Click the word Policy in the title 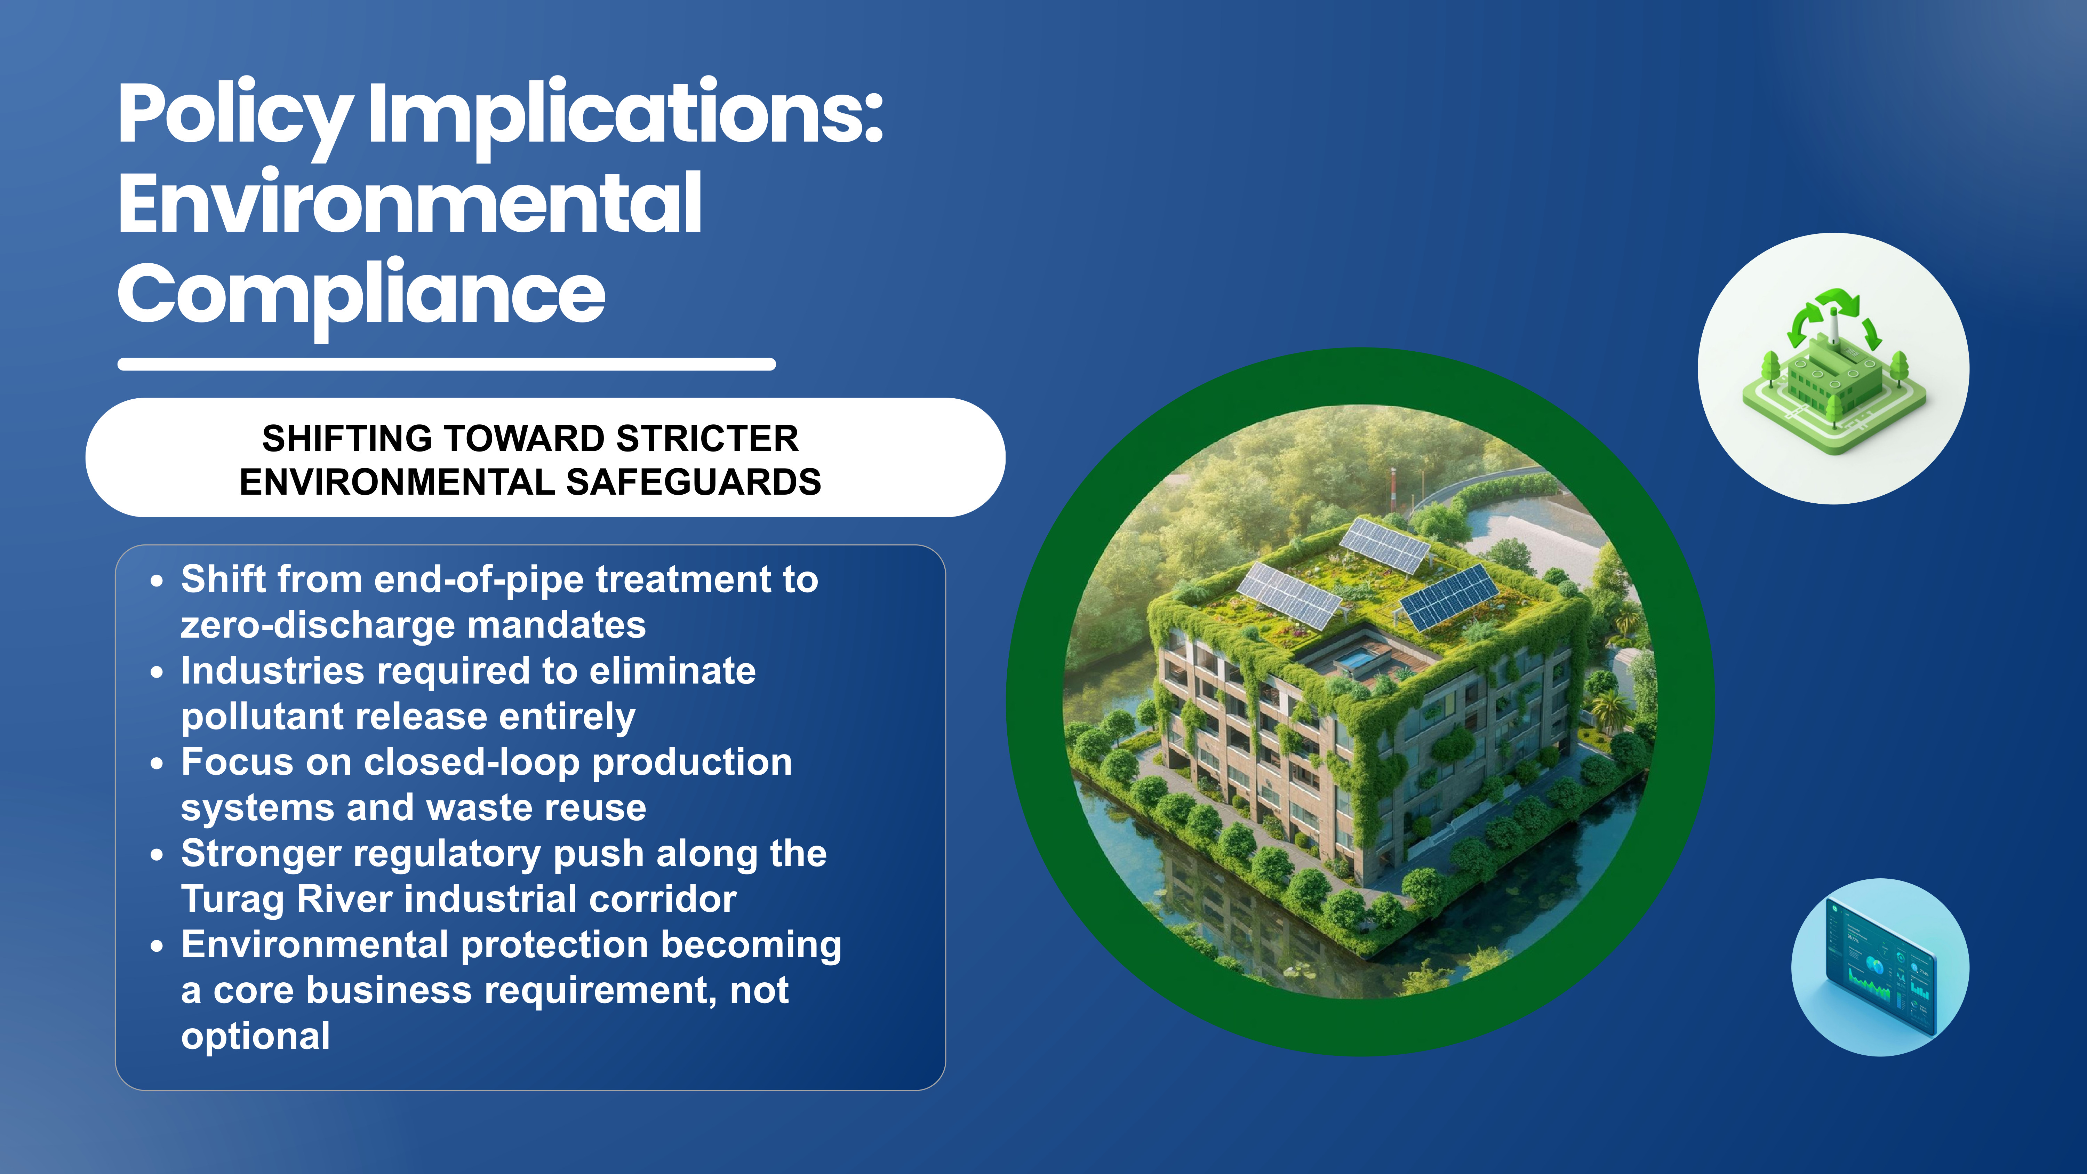coord(235,115)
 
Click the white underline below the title coord(446,365)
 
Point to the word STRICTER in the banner coord(707,438)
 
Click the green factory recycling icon coord(1833,369)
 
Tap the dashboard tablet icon coord(1880,967)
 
